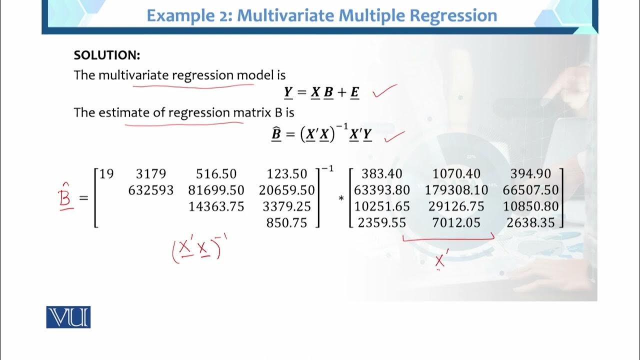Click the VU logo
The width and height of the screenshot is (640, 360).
68,317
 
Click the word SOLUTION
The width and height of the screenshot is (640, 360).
106,55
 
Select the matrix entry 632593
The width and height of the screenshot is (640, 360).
151,190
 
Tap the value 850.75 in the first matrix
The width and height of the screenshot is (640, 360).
286,222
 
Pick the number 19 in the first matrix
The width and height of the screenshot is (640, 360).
106,174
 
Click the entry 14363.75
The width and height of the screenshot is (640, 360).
216,206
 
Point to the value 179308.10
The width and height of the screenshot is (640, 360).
456,190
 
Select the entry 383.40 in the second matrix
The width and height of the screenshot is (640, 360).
382,174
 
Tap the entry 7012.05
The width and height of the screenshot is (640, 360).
456,222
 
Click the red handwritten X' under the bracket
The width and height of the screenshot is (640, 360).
440,260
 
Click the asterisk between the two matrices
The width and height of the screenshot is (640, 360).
341,199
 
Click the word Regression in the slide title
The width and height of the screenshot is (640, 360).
453,15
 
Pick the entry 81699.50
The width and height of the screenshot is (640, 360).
216,190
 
